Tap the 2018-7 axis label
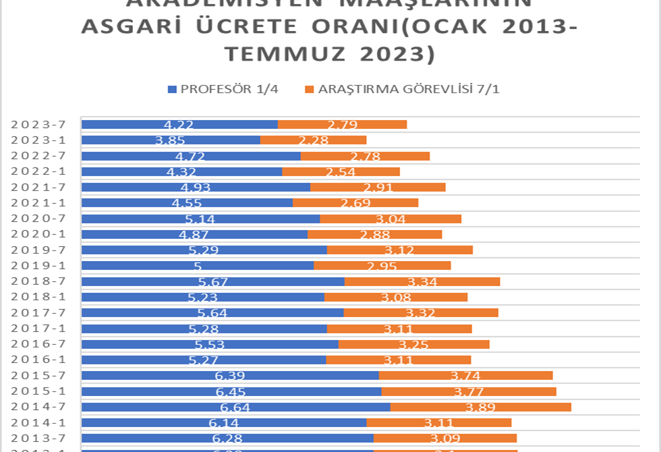42,281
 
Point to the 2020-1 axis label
42,234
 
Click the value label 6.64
235,407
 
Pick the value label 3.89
481,407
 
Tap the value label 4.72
191,156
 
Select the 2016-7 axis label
42,344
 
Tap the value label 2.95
382,266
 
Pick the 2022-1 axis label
42,171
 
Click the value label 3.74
466,376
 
